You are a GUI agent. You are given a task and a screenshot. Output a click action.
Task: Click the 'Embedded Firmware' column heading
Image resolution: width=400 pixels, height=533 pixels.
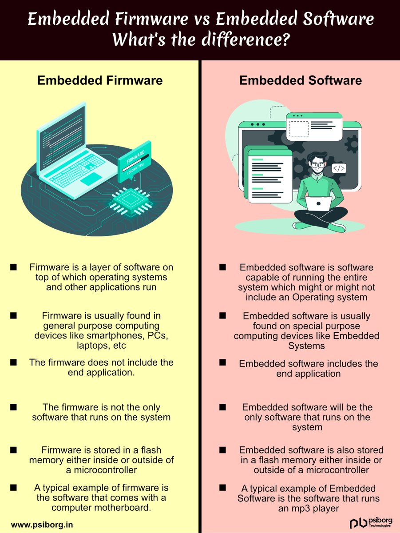100,80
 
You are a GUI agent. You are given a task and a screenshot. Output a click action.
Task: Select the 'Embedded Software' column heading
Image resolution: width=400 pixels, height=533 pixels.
301,80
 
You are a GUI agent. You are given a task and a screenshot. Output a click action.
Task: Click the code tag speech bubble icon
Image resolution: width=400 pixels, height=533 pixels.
339,169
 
